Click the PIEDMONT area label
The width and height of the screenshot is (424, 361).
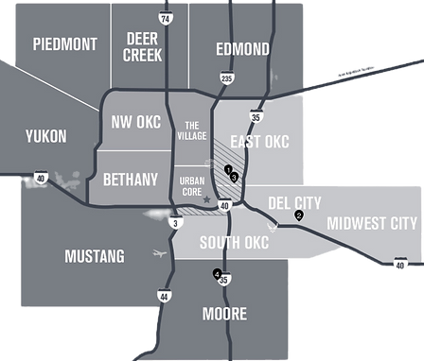65,44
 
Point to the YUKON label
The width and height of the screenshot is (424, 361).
46,137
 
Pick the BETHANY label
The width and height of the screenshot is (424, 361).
130,178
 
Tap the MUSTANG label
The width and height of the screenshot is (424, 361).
94,256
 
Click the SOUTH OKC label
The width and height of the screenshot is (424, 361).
235,243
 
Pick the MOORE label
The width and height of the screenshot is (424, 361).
224,314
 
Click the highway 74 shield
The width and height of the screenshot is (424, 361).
167,19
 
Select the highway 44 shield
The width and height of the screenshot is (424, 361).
166,296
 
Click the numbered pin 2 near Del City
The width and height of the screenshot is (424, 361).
299,216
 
